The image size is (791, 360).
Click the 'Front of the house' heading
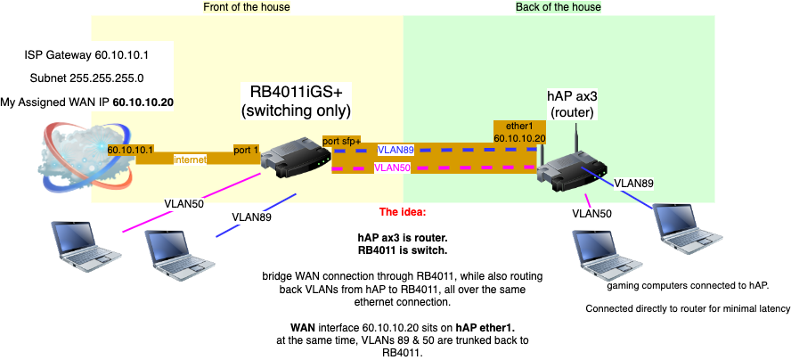point(247,7)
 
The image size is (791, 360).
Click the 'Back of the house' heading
point(559,7)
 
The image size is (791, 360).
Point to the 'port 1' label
point(246,150)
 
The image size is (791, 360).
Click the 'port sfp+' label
point(343,142)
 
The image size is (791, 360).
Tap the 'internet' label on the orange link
point(190,160)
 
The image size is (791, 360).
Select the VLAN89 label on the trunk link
point(395,151)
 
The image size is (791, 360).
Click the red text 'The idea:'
point(403,212)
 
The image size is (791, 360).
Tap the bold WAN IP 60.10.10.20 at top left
point(143,102)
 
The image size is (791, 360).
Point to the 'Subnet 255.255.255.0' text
point(86,78)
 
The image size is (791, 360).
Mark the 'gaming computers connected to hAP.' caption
point(687,286)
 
